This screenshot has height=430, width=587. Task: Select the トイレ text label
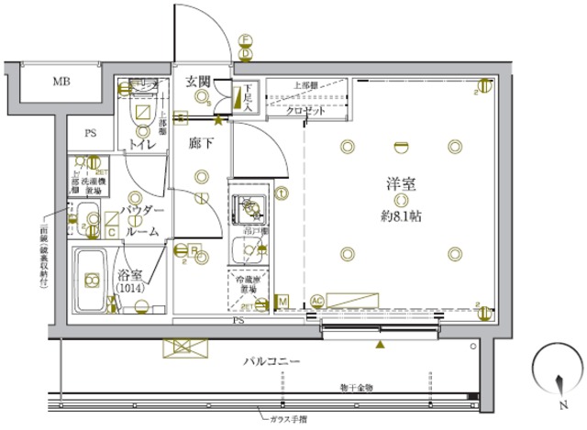(x=140, y=145)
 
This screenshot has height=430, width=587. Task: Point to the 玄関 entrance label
(x=198, y=83)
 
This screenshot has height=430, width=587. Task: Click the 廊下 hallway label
(x=201, y=144)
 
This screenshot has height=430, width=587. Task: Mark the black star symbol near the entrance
(x=217, y=119)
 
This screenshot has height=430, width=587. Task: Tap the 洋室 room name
(x=399, y=183)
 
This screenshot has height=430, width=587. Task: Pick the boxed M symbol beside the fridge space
(x=282, y=301)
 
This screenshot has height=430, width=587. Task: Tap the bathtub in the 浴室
(x=90, y=278)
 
